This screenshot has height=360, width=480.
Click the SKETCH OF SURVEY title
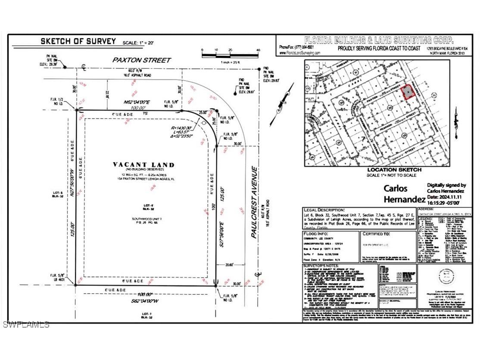(x=78, y=41)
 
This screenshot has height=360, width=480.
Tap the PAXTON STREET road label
(x=136, y=60)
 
